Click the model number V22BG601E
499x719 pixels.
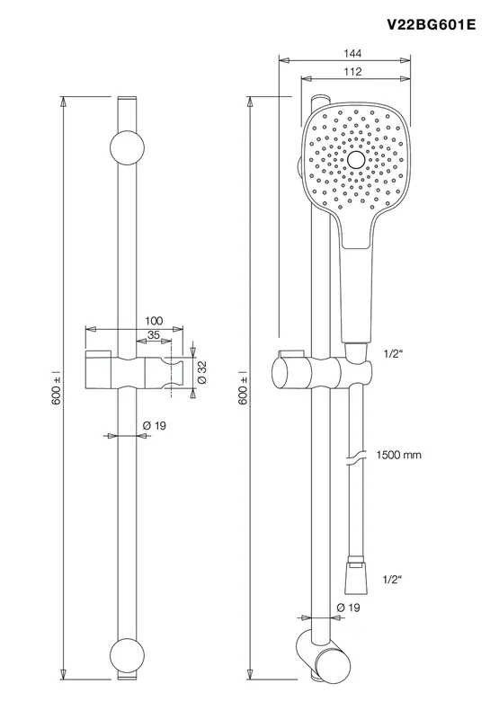[432, 24]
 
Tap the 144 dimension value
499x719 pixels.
[352, 54]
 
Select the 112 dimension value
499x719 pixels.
[352, 72]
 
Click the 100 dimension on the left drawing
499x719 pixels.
[154, 321]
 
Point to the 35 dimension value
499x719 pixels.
[154, 335]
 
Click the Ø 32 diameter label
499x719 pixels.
[202, 372]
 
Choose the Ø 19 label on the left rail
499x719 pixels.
[155, 426]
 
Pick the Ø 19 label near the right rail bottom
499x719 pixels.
[348, 608]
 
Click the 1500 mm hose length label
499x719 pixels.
[398, 456]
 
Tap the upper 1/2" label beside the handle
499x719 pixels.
[393, 353]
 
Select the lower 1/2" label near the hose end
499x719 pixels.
[392, 580]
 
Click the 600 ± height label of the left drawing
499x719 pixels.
[57, 388]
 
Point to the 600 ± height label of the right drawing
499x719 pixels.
[244, 388]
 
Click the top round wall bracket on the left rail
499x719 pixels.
[127, 147]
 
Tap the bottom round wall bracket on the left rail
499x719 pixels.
[127, 656]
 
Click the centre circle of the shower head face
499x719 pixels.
[356, 160]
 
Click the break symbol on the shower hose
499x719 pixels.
[356, 457]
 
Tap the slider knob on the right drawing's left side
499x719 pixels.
[282, 372]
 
